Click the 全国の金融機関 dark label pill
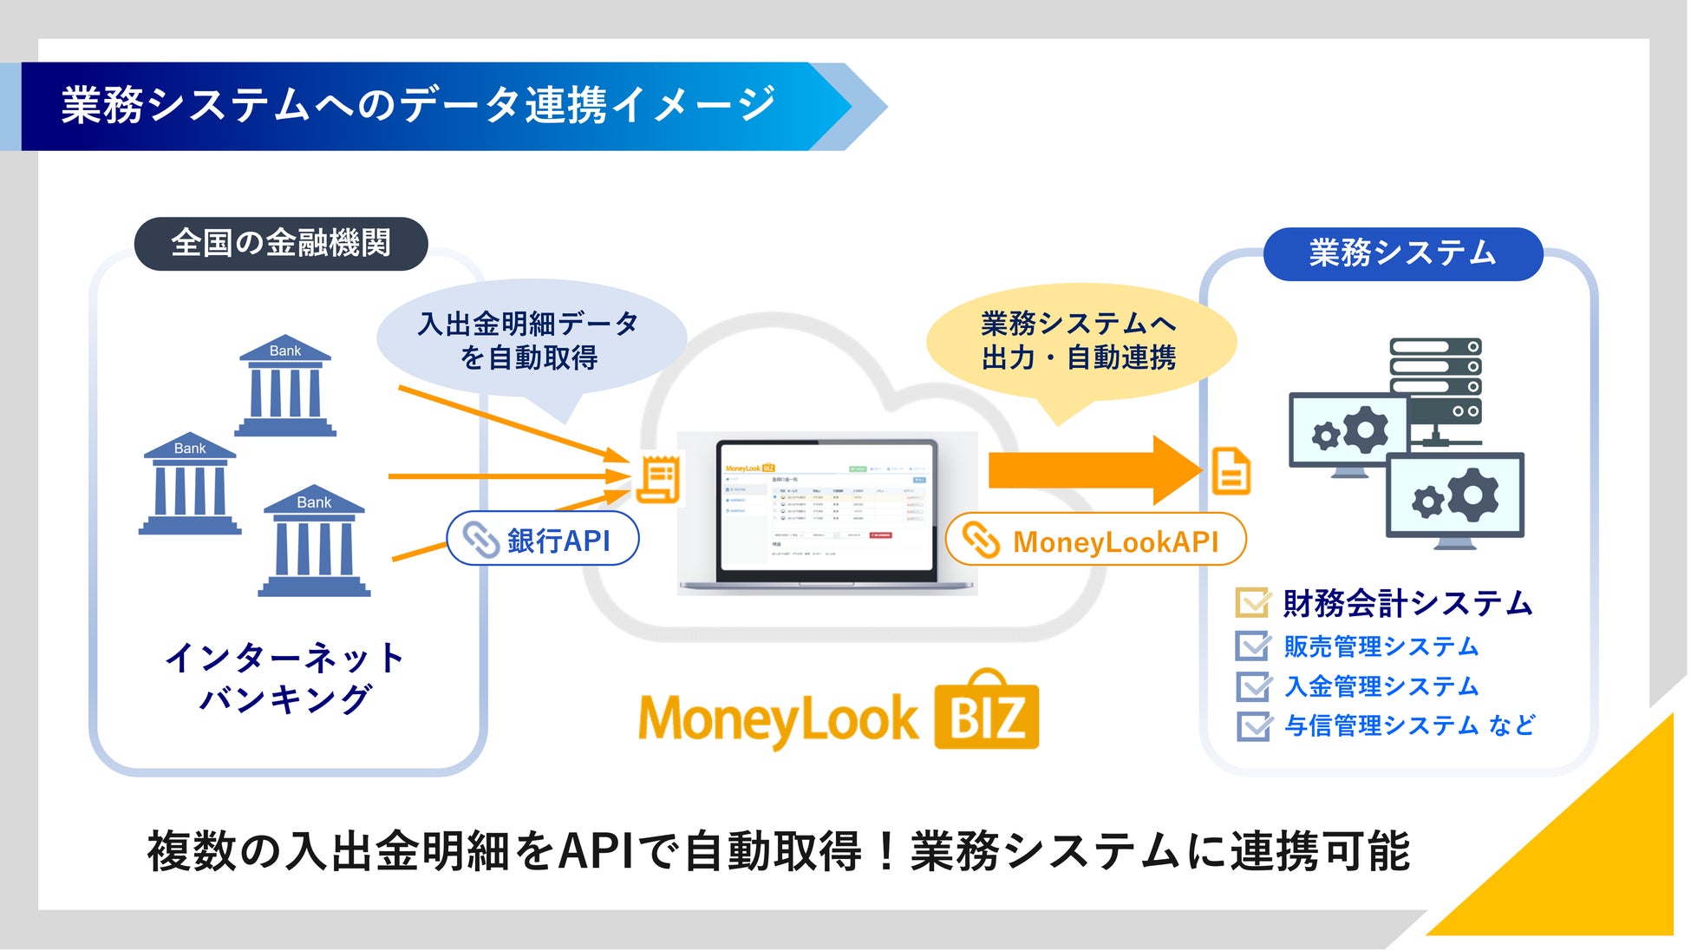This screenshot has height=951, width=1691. point(281,244)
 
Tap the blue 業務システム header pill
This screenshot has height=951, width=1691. point(1402,253)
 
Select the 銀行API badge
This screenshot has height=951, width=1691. point(543,540)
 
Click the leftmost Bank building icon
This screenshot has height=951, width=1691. point(190,483)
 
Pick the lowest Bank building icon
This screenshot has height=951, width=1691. point(314,541)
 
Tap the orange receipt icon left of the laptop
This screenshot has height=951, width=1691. point(659,479)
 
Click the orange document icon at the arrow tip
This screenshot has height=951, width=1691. point(1231,471)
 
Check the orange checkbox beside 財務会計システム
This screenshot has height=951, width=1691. point(1252,602)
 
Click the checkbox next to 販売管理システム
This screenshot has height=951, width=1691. point(1252,646)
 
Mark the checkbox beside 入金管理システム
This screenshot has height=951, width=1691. point(1252,686)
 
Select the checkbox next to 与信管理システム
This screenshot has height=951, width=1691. point(1252,725)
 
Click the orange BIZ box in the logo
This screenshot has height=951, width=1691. point(987,716)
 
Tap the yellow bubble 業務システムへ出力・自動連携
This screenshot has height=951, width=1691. point(1079,340)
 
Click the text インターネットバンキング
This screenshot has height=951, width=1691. point(285,678)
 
